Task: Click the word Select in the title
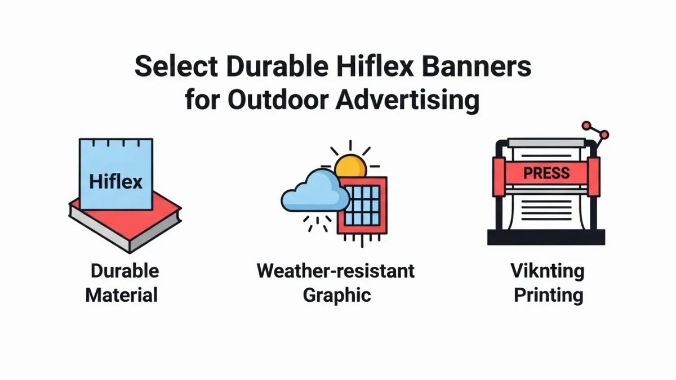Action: click(x=175, y=67)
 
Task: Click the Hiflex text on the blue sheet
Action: click(x=116, y=182)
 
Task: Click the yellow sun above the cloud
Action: click(x=350, y=167)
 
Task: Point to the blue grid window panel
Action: click(x=362, y=205)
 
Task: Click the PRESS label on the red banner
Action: click(x=546, y=173)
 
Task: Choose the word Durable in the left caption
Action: click(x=124, y=271)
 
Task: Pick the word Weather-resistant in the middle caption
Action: click(x=336, y=271)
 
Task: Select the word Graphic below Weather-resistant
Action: click(x=337, y=295)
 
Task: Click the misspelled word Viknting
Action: click(x=547, y=271)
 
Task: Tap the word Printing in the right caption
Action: click(x=548, y=295)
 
